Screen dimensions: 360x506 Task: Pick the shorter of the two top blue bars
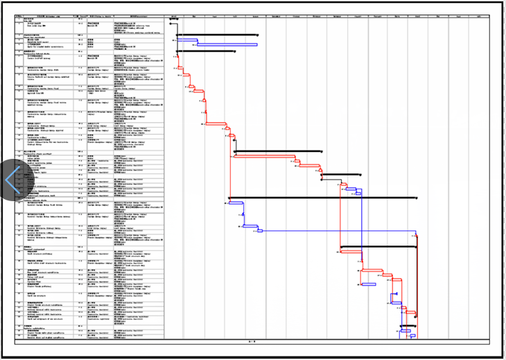tap(186, 40)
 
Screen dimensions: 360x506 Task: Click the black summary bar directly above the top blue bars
tap(217, 35)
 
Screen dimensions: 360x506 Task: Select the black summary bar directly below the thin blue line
tap(389, 246)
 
